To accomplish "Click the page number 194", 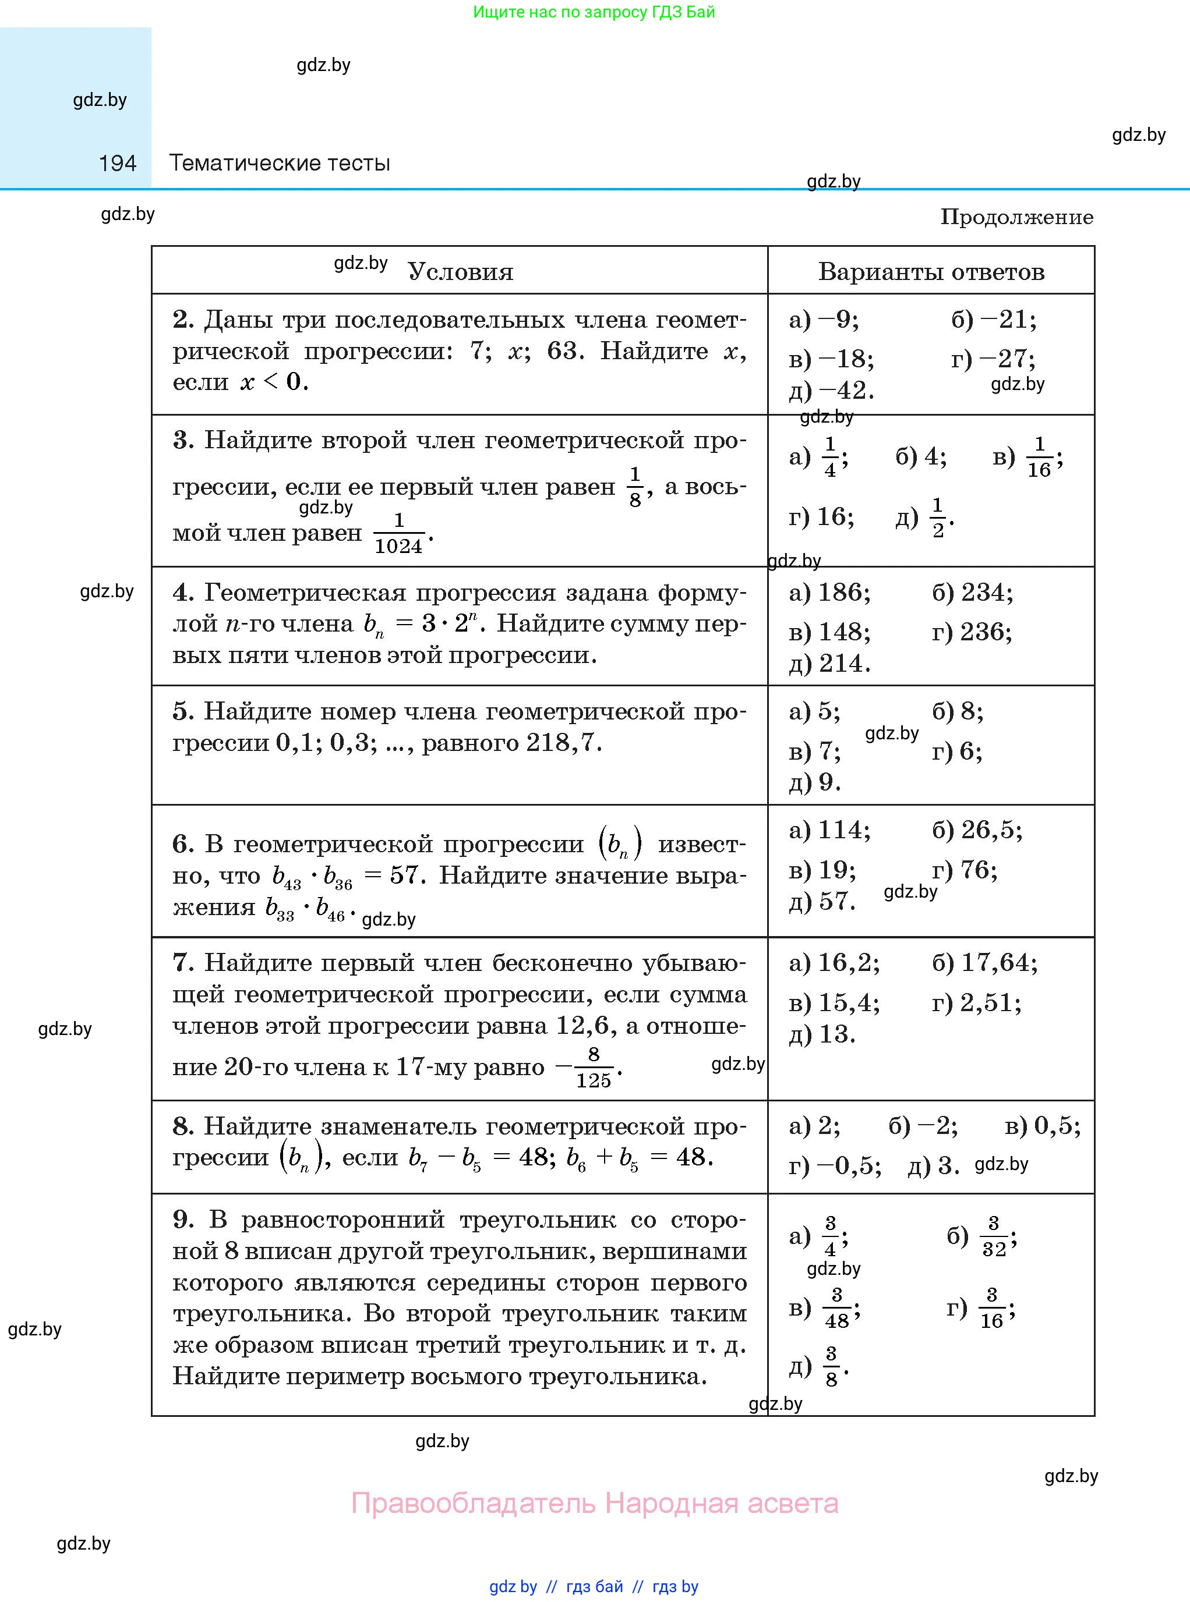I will tap(118, 164).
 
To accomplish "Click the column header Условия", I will tap(460, 271).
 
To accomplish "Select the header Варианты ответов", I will tap(931, 271).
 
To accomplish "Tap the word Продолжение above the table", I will tap(1016, 217).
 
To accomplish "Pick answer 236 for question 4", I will tap(986, 632).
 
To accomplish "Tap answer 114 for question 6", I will tap(843, 830).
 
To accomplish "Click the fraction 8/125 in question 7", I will tap(593, 1067).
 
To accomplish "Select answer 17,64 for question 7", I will tap(998, 963).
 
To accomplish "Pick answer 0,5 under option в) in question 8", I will tap(1056, 1126).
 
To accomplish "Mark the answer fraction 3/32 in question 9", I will tap(994, 1236).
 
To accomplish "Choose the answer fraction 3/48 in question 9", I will tap(836, 1307).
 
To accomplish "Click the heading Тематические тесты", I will tap(280, 164).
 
